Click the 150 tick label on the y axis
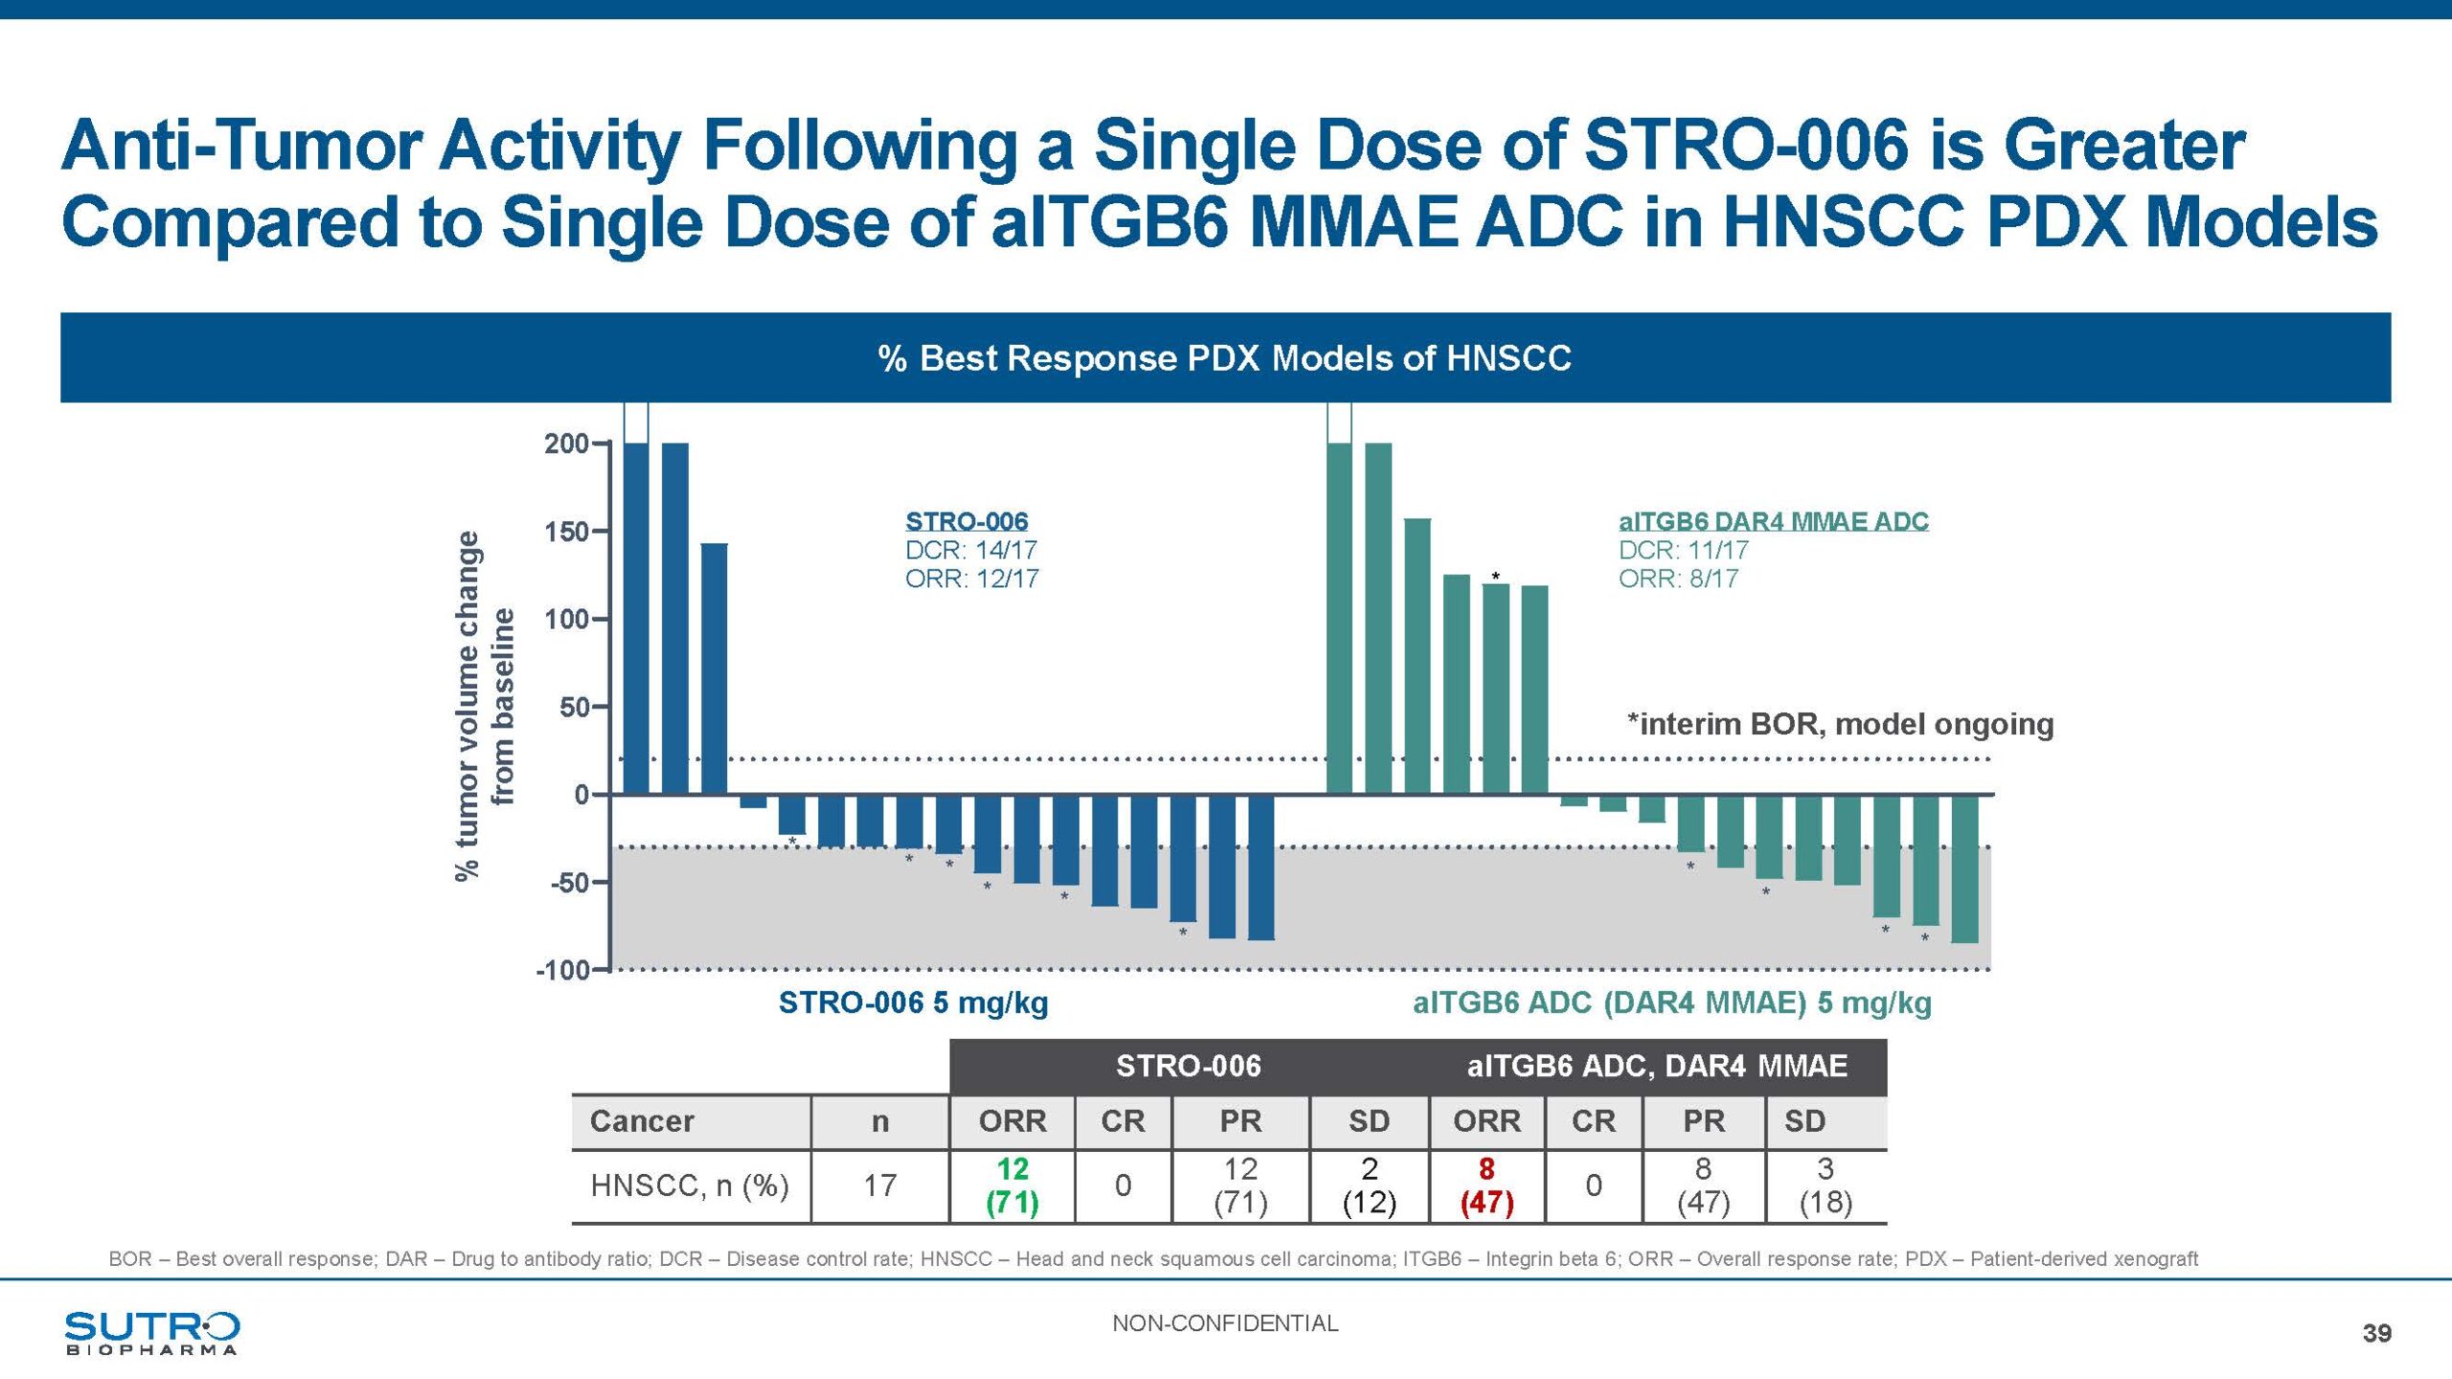[x=566, y=531]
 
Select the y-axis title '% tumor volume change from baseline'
[x=484, y=706]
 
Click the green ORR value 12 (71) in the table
[x=1012, y=1186]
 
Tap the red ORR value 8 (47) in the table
[x=1487, y=1186]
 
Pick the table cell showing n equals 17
[x=880, y=1186]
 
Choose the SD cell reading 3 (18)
[x=1826, y=1186]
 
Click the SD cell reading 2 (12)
[x=1370, y=1186]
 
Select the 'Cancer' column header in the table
[x=642, y=1121]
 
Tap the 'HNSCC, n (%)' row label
[x=690, y=1187]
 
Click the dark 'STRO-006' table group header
[x=1189, y=1066]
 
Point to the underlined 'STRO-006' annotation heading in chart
[x=966, y=522]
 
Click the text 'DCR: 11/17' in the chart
[x=1683, y=551]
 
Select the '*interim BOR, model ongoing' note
[x=1840, y=724]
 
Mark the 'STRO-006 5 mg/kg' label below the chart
[x=913, y=1003]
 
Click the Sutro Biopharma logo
[x=151, y=1333]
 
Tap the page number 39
[x=2377, y=1333]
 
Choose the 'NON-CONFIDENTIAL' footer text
[x=1225, y=1323]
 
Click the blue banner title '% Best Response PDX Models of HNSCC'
[x=1225, y=358]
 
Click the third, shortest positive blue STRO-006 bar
[x=715, y=668]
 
